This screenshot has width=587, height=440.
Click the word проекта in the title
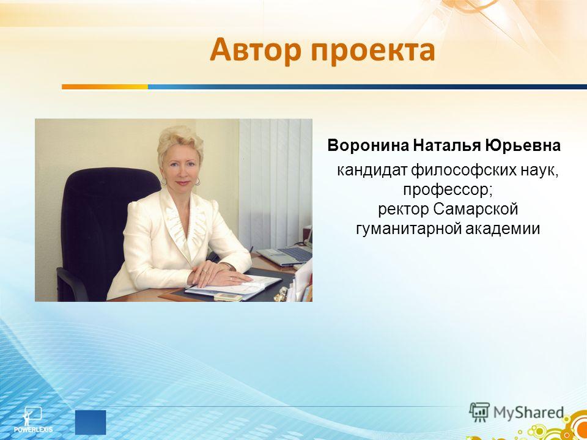coord(373,51)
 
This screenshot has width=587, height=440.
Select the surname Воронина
coord(368,145)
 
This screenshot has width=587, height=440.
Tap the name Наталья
coord(446,145)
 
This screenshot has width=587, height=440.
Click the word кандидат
coord(372,172)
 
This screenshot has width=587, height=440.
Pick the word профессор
coord(446,191)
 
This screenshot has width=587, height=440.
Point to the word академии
coord(503,229)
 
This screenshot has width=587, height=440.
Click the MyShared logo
coord(517,413)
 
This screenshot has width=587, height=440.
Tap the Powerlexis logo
coord(33,420)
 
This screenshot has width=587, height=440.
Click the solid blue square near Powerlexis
coord(90,422)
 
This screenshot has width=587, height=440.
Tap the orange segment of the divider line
coord(105,87)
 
